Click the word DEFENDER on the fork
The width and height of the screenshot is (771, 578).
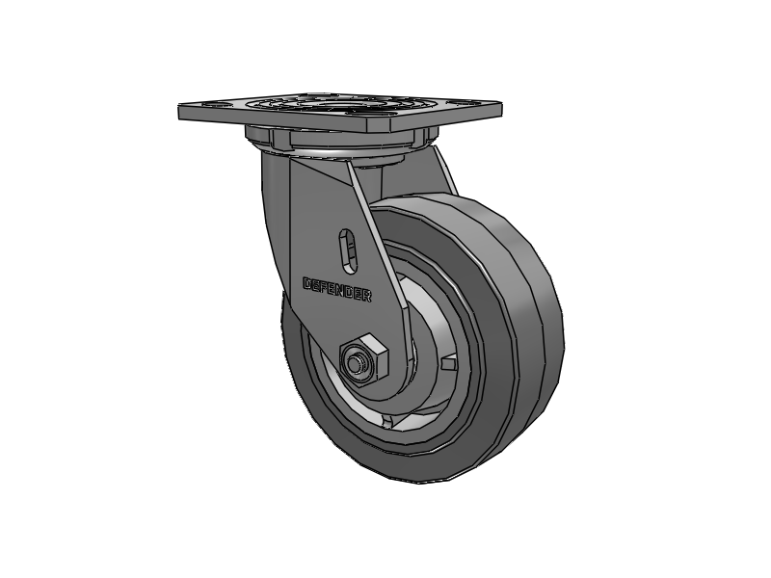click(x=337, y=289)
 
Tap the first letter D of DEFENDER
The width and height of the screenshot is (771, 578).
click(x=307, y=284)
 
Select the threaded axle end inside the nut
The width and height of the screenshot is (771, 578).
click(x=358, y=363)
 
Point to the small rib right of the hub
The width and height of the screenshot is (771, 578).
click(x=449, y=363)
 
